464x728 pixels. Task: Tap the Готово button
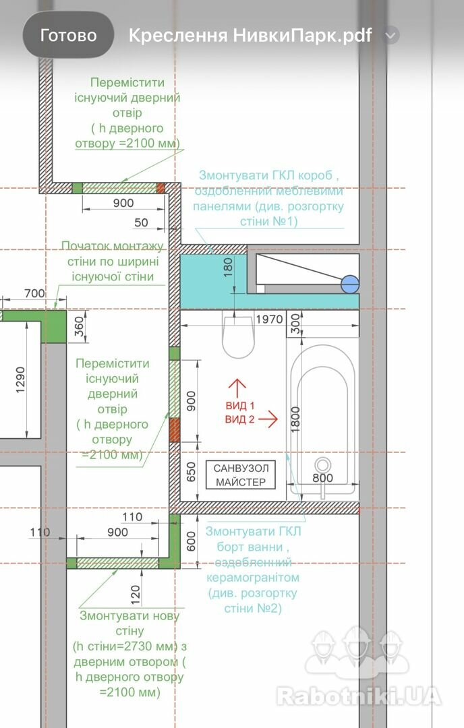[68, 35]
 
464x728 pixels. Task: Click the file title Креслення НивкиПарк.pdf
[250, 35]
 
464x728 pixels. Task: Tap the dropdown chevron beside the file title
[391, 35]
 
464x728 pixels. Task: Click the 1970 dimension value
[269, 320]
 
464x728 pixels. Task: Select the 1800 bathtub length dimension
[295, 420]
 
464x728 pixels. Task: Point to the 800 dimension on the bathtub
[323, 478]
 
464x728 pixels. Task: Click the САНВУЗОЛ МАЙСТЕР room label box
[241, 475]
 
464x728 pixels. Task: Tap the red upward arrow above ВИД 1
[237, 388]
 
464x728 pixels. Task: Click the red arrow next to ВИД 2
[268, 419]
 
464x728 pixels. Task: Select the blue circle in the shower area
[350, 284]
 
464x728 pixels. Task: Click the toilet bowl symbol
[238, 335]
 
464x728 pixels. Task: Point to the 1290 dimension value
[20, 380]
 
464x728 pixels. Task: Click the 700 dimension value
[35, 293]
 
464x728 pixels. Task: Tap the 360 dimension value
[80, 326]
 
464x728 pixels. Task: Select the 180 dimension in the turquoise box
[227, 268]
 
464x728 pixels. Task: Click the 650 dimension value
[192, 472]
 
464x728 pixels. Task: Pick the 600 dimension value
[192, 541]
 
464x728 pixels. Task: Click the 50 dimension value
[141, 222]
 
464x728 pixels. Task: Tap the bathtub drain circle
[323, 465]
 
